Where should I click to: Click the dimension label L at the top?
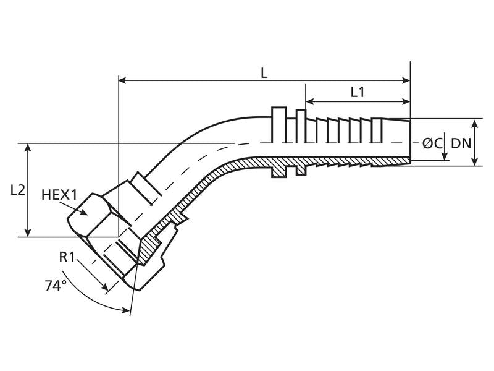pyautogui.click(x=264, y=73)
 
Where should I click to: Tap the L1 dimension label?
pyautogui.click(x=358, y=92)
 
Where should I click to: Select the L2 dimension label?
pyautogui.click(x=18, y=190)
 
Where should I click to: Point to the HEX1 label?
pyautogui.click(x=59, y=195)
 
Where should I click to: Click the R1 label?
pyautogui.click(x=67, y=257)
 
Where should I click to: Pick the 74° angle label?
pyautogui.click(x=56, y=286)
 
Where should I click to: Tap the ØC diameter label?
pyautogui.click(x=432, y=143)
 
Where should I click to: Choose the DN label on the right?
pyautogui.click(x=461, y=143)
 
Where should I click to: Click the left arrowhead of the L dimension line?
pyautogui.click(x=122, y=80)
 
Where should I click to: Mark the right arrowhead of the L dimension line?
pyautogui.click(x=406, y=80)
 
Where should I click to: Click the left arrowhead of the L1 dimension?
pyautogui.click(x=309, y=101)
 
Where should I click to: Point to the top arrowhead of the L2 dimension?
pyautogui.click(x=28, y=148)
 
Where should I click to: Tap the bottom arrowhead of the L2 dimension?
pyautogui.click(x=28, y=233)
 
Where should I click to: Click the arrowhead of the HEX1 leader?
pyautogui.click(x=83, y=212)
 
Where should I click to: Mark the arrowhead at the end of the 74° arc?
pyautogui.click(x=126, y=311)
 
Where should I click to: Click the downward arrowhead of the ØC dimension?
pyautogui.click(x=445, y=156)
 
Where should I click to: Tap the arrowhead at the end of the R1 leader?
pyautogui.click(x=105, y=288)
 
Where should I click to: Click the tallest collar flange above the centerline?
pyautogui.click(x=279, y=125)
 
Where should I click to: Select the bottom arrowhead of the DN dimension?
pyautogui.click(x=475, y=162)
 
